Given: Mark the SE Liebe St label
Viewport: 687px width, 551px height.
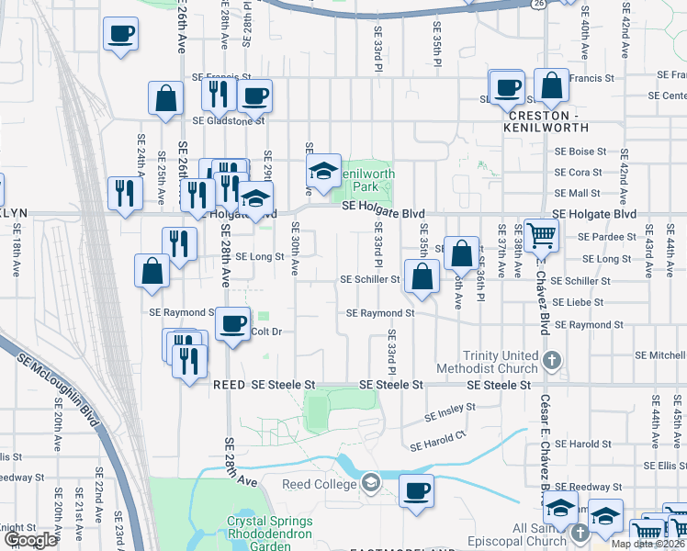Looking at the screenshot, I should point(579,302).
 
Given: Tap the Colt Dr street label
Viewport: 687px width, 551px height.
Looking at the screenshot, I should point(265,332).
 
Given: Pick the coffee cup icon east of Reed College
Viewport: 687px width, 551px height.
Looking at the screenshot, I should point(416,490).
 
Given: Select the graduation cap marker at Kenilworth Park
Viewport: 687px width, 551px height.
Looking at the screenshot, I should point(323,171).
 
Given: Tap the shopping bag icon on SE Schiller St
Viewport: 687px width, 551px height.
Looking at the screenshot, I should point(422,277).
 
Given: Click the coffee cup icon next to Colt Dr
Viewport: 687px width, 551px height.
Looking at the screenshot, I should point(233,323).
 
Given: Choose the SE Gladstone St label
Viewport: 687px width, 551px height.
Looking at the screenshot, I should point(229,119).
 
